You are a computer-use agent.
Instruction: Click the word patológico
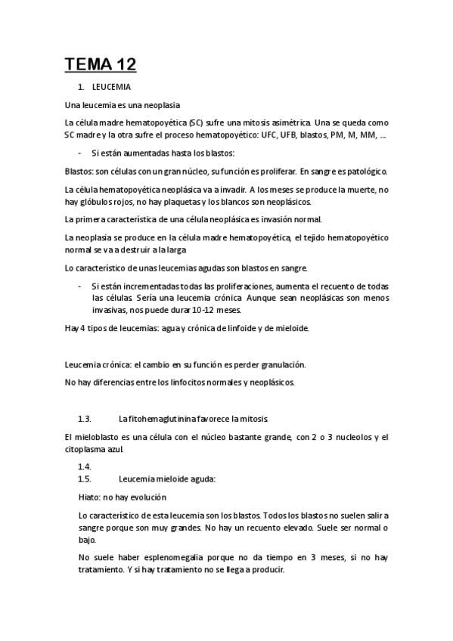click(364, 171)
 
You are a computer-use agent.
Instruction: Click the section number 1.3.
click(85, 419)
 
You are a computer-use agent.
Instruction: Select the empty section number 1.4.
click(85, 467)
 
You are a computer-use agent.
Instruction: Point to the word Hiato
click(89, 497)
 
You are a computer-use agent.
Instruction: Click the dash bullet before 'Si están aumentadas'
click(80, 152)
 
